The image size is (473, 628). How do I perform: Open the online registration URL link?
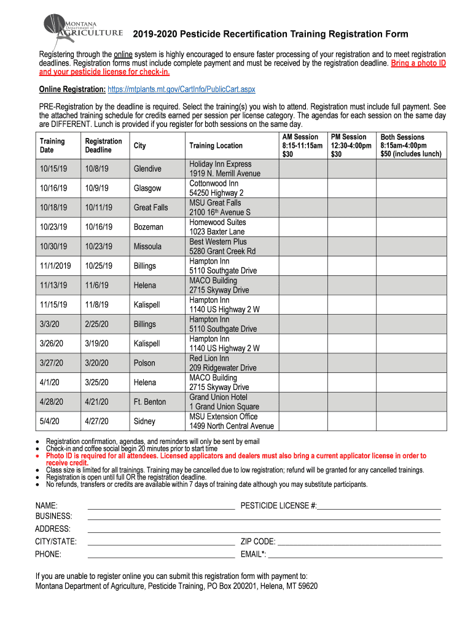181,90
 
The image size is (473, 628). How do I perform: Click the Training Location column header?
216,146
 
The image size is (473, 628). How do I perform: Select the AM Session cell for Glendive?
303,169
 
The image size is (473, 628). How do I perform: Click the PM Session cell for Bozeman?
351,227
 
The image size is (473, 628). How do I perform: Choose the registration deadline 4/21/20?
97,402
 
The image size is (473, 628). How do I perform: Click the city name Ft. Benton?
150,402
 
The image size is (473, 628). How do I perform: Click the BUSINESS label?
53,516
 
